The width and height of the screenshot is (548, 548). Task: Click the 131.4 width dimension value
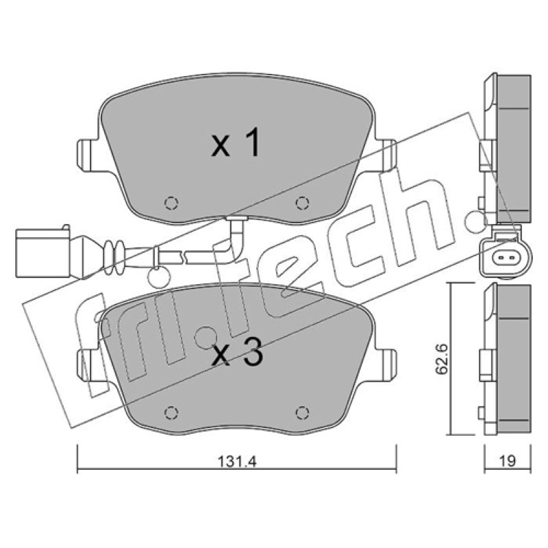[x=237, y=462]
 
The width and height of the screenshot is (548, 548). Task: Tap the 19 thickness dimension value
[x=508, y=461]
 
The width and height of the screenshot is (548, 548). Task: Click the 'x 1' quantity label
[x=236, y=142]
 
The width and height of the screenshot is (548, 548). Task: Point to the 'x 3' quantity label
[x=238, y=353]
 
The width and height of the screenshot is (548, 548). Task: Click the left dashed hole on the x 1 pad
[x=171, y=203]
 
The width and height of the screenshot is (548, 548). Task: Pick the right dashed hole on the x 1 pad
[x=302, y=202]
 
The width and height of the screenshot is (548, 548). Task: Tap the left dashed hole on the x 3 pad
[x=171, y=413]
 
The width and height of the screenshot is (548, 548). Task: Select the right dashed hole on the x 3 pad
[x=302, y=413]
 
